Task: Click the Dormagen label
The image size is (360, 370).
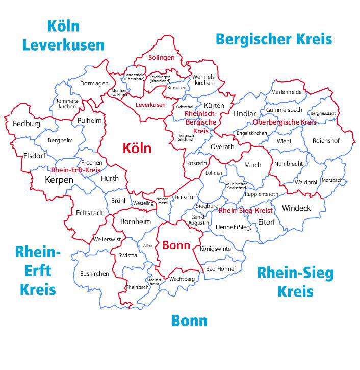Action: click(x=94, y=83)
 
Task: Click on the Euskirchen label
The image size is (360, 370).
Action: click(x=94, y=274)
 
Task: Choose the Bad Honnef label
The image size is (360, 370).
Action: click(x=221, y=269)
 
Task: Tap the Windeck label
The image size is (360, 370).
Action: click(x=296, y=208)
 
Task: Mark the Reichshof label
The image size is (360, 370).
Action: click(x=326, y=140)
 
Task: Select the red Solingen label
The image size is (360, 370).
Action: click(x=162, y=58)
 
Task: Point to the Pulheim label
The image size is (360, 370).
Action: click(x=90, y=120)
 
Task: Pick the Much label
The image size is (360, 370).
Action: click(x=252, y=165)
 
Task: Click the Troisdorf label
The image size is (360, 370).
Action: click(x=185, y=196)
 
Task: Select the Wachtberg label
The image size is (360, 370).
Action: click(x=182, y=279)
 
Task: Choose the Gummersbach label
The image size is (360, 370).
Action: click(x=284, y=110)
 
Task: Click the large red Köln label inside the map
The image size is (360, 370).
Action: click(x=137, y=148)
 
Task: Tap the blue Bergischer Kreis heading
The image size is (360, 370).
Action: click(x=274, y=39)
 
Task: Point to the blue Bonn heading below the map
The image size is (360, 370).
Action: click(x=189, y=320)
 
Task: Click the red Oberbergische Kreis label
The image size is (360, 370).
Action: click(x=285, y=122)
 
